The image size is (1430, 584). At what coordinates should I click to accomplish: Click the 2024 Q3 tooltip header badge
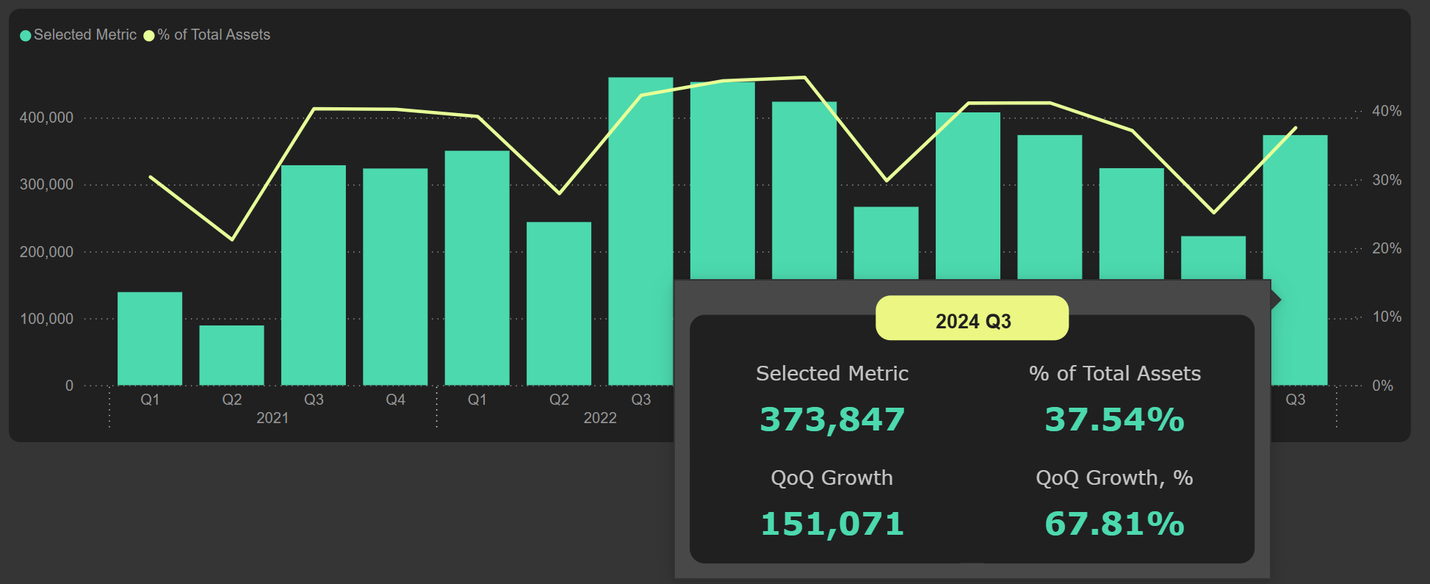pyautogui.click(x=972, y=319)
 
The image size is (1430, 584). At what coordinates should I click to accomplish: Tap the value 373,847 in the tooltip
pyautogui.click(x=832, y=419)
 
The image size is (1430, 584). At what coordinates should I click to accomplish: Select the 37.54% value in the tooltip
pyautogui.click(x=1114, y=419)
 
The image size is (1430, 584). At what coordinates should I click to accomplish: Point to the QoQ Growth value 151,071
pyautogui.click(x=832, y=524)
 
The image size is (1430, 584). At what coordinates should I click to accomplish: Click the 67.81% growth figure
pyautogui.click(x=1114, y=524)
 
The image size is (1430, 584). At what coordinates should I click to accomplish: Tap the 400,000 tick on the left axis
pyautogui.click(x=46, y=118)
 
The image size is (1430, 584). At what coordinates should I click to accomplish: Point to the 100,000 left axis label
pyautogui.click(x=46, y=319)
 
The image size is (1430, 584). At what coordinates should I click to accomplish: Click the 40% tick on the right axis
pyautogui.click(x=1386, y=111)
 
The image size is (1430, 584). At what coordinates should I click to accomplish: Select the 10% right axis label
pyautogui.click(x=1386, y=317)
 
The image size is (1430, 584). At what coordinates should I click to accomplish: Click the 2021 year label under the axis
pyautogui.click(x=272, y=418)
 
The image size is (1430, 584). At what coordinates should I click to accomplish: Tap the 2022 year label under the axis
pyautogui.click(x=600, y=418)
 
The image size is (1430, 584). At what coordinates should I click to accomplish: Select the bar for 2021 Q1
pyautogui.click(x=150, y=339)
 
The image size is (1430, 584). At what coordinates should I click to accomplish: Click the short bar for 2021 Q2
pyautogui.click(x=231, y=356)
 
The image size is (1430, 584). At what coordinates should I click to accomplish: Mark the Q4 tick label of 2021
pyautogui.click(x=395, y=400)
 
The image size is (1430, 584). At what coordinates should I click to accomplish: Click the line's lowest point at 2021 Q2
pyautogui.click(x=232, y=239)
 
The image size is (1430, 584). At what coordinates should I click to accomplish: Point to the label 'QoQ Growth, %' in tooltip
pyautogui.click(x=1114, y=478)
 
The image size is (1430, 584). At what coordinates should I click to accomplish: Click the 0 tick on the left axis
pyautogui.click(x=69, y=386)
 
